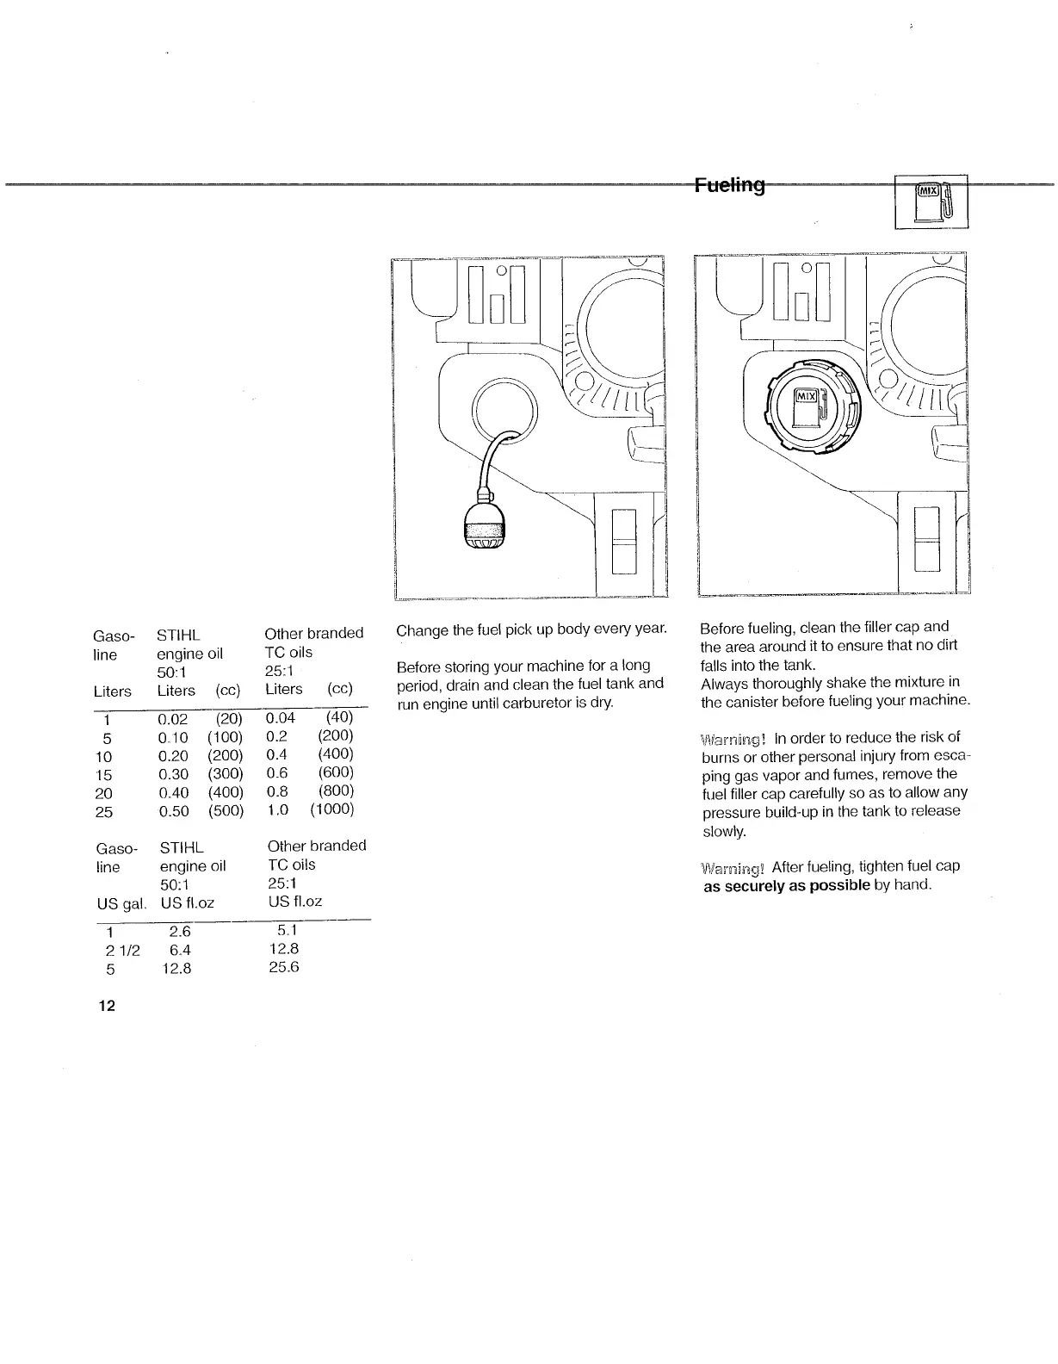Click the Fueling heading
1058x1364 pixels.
click(x=729, y=185)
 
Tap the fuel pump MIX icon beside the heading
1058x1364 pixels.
click(x=931, y=202)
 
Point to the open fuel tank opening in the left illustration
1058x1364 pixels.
click(x=504, y=409)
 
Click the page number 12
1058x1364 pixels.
click(x=107, y=1006)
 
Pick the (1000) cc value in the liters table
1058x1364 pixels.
click(x=332, y=809)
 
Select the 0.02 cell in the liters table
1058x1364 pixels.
click(x=173, y=718)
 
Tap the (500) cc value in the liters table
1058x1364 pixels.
click(x=226, y=811)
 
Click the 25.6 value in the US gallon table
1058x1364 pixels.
click(x=284, y=967)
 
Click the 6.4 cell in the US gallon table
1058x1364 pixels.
click(x=180, y=950)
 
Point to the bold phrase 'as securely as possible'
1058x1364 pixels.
click(x=787, y=885)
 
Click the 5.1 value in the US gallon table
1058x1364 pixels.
click(x=287, y=930)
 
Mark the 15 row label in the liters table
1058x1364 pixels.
click(x=104, y=775)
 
